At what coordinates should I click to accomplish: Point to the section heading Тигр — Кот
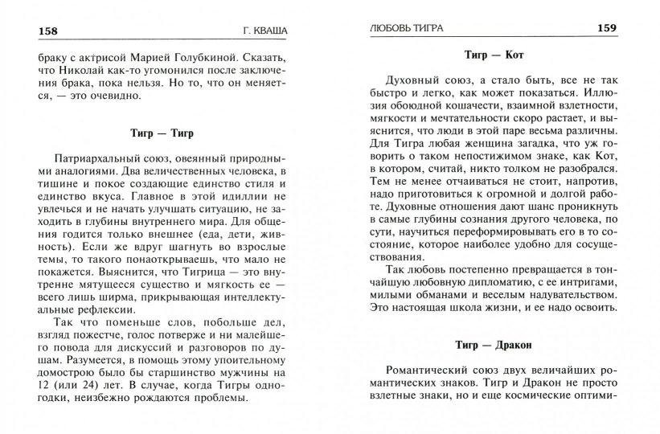494,56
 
